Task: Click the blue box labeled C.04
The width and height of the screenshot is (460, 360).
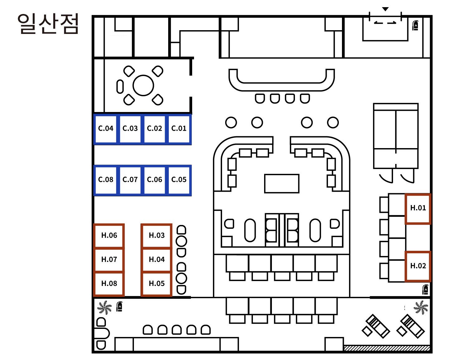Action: point(106,129)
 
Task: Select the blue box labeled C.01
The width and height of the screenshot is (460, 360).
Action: point(179,129)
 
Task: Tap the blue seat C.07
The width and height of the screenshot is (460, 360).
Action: point(130,180)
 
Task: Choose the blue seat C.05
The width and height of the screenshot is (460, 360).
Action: point(179,180)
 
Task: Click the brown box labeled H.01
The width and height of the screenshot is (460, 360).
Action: point(418,208)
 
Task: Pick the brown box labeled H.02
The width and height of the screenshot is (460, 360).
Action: point(418,266)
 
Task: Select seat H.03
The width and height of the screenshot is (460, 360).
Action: point(156,236)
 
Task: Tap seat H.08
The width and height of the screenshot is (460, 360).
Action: point(109,284)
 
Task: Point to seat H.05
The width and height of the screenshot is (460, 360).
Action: point(156,284)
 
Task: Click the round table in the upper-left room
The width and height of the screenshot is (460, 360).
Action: point(143,85)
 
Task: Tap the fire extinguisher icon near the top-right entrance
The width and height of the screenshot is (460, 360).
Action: point(415,25)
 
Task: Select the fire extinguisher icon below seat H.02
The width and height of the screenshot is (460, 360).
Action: point(425,289)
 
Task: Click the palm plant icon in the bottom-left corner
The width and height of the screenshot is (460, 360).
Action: point(104,307)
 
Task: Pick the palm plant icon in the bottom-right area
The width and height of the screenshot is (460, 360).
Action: point(421,307)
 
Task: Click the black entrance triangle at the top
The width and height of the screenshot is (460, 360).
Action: point(386,9)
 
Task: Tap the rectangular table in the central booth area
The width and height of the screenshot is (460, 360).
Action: point(282,184)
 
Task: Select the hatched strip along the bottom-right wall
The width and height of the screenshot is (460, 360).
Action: point(387,348)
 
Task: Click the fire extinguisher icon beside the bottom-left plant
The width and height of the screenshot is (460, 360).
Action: point(119,306)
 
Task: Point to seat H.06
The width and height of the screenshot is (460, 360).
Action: point(109,236)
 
